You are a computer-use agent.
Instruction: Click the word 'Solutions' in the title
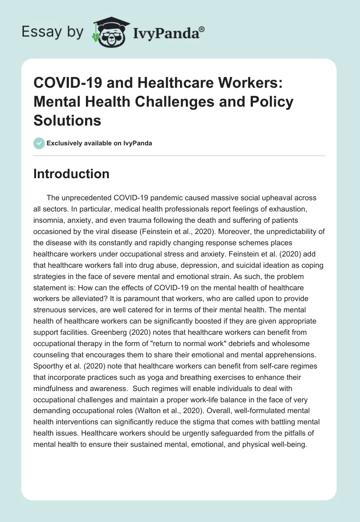coord(67,120)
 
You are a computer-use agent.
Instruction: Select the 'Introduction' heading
coord(71,174)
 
